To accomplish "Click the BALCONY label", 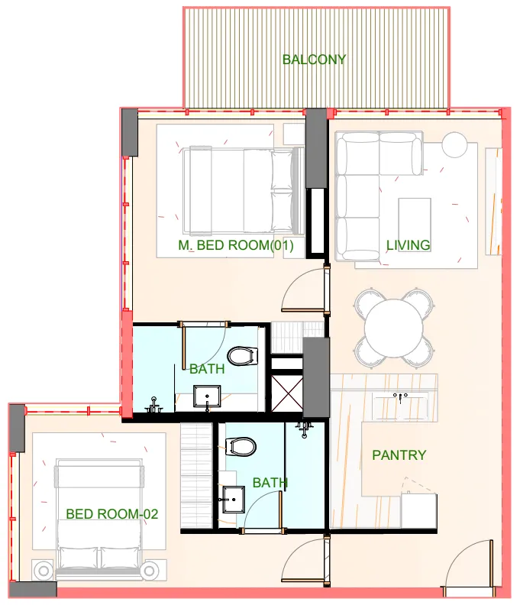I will (x=314, y=60).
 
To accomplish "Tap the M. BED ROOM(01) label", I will (x=236, y=245).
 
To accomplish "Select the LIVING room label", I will (x=408, y=245).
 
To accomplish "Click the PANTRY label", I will (x=399, y=455).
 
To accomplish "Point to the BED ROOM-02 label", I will (x=111, y=514).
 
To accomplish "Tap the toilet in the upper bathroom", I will (x=244, y=357).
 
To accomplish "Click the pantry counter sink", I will (x=400, y=397).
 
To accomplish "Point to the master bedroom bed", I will (x=238, y=190).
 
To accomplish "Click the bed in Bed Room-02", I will (x=98, y=516).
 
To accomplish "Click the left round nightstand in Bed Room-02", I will (x=43, y=570).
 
